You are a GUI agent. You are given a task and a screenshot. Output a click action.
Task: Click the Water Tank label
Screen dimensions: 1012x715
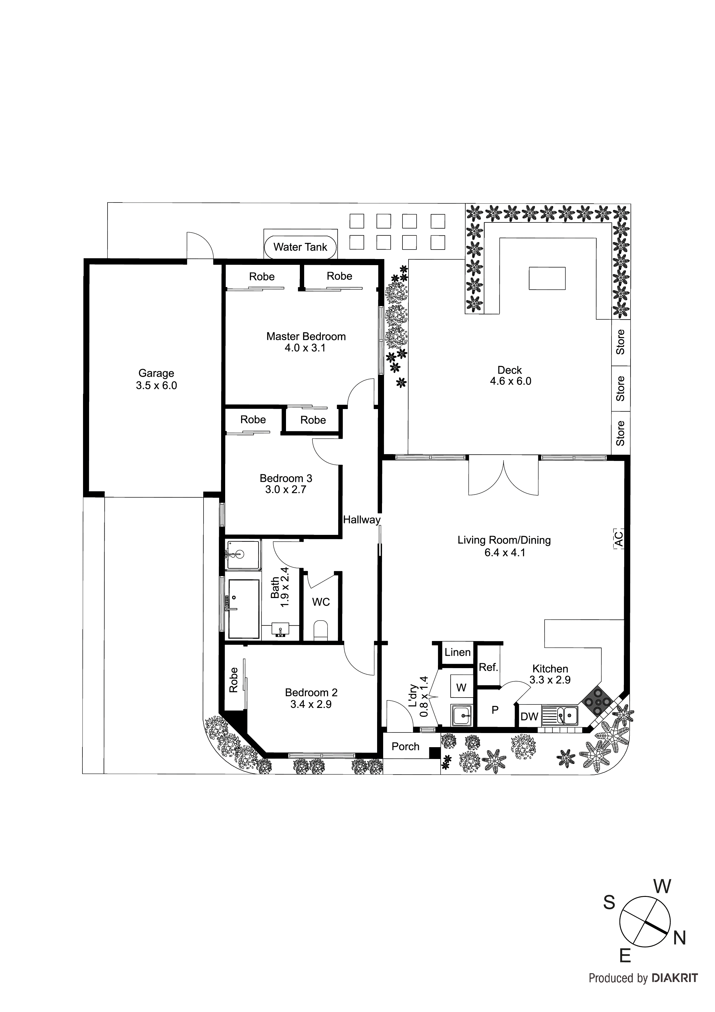coord(300,247)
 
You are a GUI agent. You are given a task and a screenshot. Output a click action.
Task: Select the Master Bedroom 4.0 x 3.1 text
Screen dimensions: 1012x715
coord(306,342)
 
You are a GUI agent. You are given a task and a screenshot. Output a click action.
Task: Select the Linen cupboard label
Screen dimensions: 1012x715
coord(457,652)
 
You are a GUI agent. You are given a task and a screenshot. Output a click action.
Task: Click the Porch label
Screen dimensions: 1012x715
coord(405,747)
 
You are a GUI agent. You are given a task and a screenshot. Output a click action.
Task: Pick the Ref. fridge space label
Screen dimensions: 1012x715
coord(488,667)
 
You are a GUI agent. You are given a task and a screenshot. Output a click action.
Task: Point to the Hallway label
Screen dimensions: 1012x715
coord(362,520)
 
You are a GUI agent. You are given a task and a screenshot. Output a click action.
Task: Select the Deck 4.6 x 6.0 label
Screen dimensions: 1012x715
coord(510,376)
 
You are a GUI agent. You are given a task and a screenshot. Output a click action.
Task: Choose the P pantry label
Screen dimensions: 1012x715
coord(495,710)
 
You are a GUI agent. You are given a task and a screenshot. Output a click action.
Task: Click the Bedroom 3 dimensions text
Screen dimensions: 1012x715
coord(285,490)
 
